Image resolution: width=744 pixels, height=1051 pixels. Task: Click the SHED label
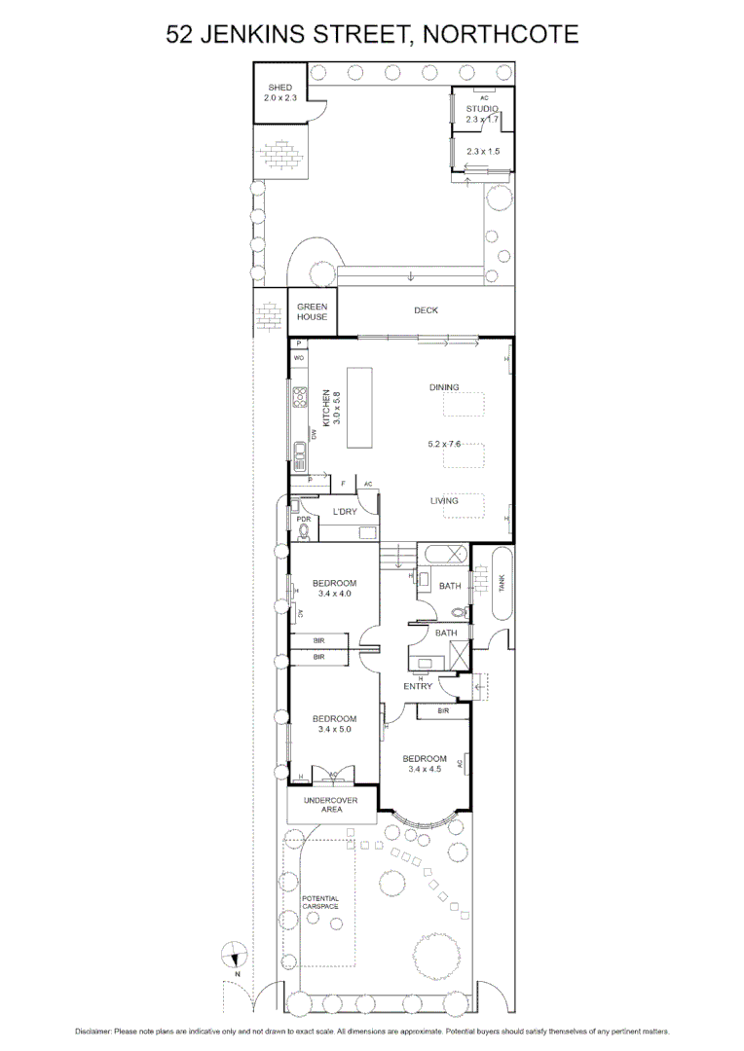[x=279, y=88]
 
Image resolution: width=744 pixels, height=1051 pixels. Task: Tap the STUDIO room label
[x=482, y=108]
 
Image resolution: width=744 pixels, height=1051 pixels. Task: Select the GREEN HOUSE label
[x=313, y=311]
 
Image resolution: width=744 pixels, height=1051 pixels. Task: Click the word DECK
[x=426, y=310]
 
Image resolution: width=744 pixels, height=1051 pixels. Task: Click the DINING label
[x=444, y=387]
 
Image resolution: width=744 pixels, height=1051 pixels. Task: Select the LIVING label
[x=444, y=501]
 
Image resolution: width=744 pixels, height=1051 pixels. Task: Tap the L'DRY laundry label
[x=343, y=511]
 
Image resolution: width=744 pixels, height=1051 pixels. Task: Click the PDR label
[x=304, y=520]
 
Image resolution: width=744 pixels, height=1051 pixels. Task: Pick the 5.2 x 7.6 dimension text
[x=444, y=445]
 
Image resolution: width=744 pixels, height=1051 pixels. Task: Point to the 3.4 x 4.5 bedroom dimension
[x=426, y=769]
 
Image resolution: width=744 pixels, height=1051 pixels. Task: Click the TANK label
[x=501, y=584]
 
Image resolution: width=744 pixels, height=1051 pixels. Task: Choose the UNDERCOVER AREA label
[x=330, y=805]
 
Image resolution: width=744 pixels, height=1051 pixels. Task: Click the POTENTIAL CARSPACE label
[x=320, y=902]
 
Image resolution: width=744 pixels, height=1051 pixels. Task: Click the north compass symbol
[x=234, y=956]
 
